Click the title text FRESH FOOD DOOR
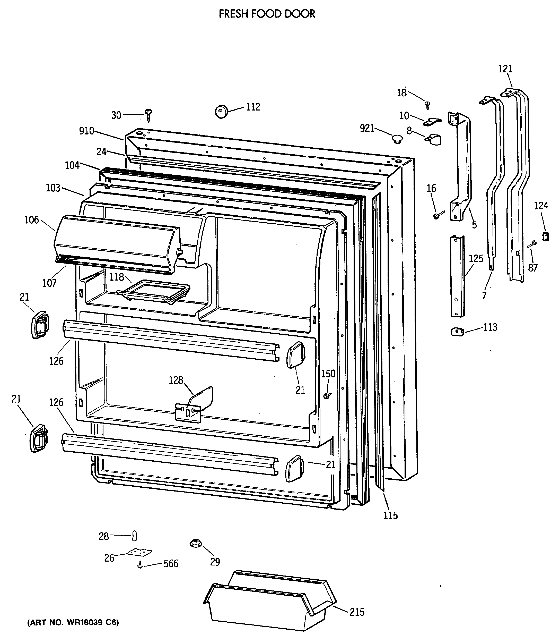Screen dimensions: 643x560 (x=267, y=14)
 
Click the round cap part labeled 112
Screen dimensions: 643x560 (x=221, y=112)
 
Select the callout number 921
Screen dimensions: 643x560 (x=367, y=128)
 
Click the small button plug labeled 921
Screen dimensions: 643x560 (x=397, y=139)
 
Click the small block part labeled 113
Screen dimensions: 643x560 (x=457, y=332)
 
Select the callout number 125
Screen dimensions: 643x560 (x=476, y=259)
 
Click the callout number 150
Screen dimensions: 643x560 (x=328, y=374)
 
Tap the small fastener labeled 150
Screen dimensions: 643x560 (x=327, y=396)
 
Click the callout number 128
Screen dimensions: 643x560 (x=176, y=380)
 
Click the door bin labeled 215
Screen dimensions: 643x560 (x=269, y=600)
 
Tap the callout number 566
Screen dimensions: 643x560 (x=171, y=564)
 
